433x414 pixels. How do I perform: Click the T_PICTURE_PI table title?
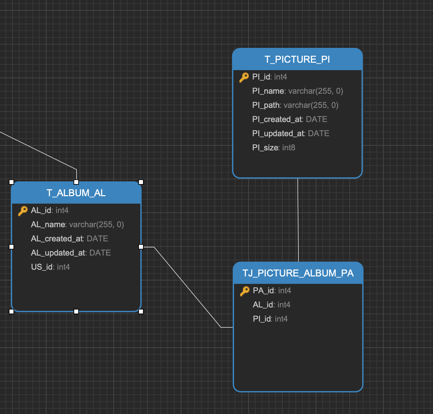point(297,59)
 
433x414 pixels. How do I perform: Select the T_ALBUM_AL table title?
point(76,193)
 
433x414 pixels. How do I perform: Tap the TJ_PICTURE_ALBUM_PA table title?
point(298,273)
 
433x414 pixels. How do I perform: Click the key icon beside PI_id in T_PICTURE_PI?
point(244,77)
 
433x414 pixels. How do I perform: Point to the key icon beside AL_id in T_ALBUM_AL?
point(23,211)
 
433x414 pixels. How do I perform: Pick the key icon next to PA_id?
point(244,291)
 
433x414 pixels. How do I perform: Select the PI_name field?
point(297,91)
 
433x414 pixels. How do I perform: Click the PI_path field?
point(295,105)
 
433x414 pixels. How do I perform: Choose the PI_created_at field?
point(289,119)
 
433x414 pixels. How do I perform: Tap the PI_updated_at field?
point(290,134)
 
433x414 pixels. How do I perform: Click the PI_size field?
point(273,148)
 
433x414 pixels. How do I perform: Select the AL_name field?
point(77,225)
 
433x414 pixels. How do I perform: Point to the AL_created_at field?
point(69,239)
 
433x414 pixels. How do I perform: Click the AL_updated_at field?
point(71,253)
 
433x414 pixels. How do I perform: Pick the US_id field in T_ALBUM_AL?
point(50,267)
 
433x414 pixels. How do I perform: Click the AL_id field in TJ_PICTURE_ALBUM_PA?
point(271,305)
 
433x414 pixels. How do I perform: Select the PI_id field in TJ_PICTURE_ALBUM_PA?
point(270,319)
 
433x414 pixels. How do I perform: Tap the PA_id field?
point(272,291)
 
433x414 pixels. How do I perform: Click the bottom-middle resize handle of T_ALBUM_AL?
point(76,312)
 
